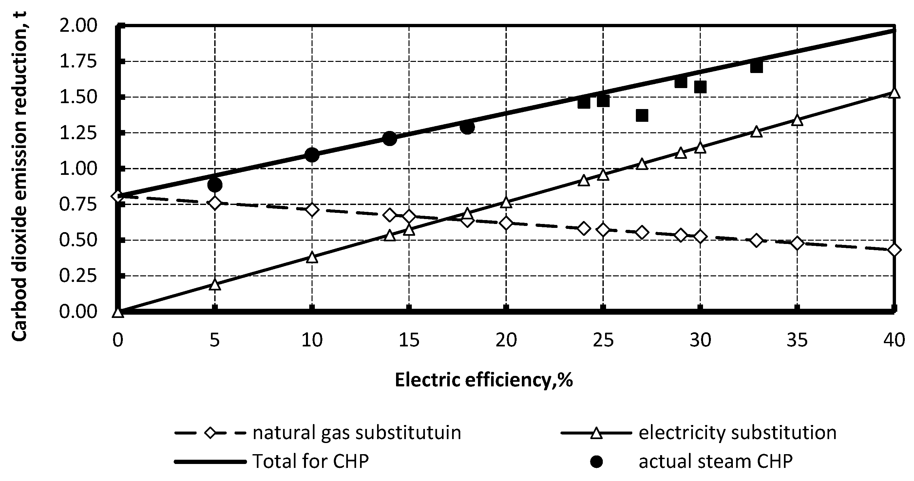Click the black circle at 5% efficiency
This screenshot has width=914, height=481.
(215, 185)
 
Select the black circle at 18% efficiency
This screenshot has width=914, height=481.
(467, 127)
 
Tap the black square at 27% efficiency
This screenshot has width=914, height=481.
(642, 115)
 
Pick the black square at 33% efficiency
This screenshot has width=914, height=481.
(756, 67)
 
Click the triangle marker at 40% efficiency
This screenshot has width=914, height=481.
(894, 93)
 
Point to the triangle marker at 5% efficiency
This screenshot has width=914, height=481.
(215, 285)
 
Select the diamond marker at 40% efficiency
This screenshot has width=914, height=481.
(894, 250)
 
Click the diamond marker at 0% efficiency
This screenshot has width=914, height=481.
(118, 196)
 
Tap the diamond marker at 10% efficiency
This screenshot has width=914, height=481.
(312, 210)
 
